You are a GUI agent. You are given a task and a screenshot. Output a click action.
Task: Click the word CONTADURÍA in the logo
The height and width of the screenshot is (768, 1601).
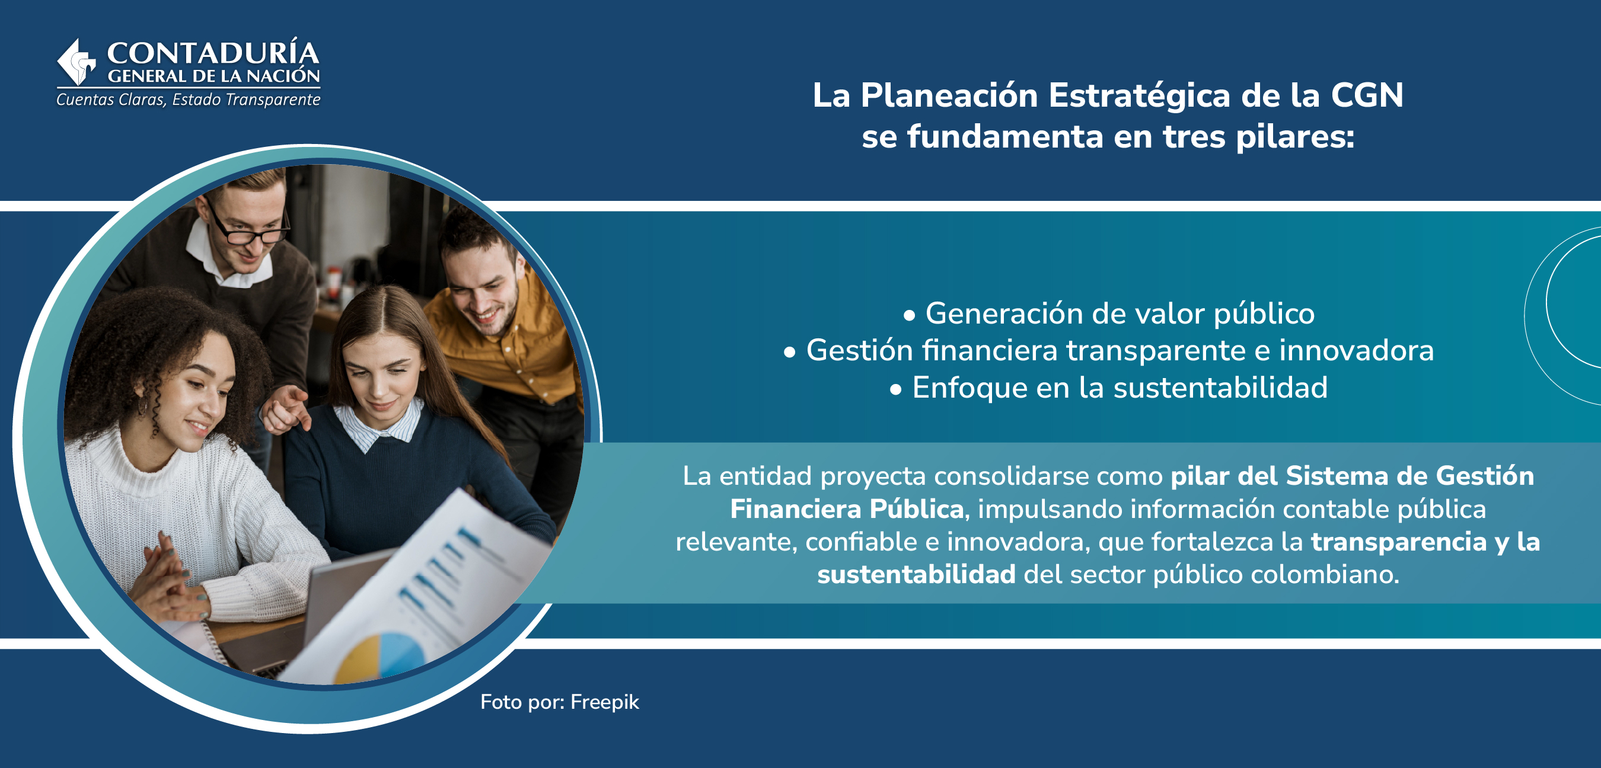pos(213,53)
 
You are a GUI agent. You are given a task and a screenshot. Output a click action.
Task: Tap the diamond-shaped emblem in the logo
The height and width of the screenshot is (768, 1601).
pos(76,62)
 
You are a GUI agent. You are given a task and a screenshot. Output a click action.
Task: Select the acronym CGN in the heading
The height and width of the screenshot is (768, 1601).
pos(1367,95)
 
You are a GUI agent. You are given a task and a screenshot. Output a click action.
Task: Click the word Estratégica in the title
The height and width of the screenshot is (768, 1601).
pos(1139,95)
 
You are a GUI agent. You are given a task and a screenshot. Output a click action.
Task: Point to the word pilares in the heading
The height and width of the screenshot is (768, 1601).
pos(1294,137)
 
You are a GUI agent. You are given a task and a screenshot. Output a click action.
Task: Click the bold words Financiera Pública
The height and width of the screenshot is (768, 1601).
pos(847,509)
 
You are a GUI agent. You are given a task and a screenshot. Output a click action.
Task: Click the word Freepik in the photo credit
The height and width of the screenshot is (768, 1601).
pos(604,702)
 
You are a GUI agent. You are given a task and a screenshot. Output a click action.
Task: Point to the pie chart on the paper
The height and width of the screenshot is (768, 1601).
pos(379,655)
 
